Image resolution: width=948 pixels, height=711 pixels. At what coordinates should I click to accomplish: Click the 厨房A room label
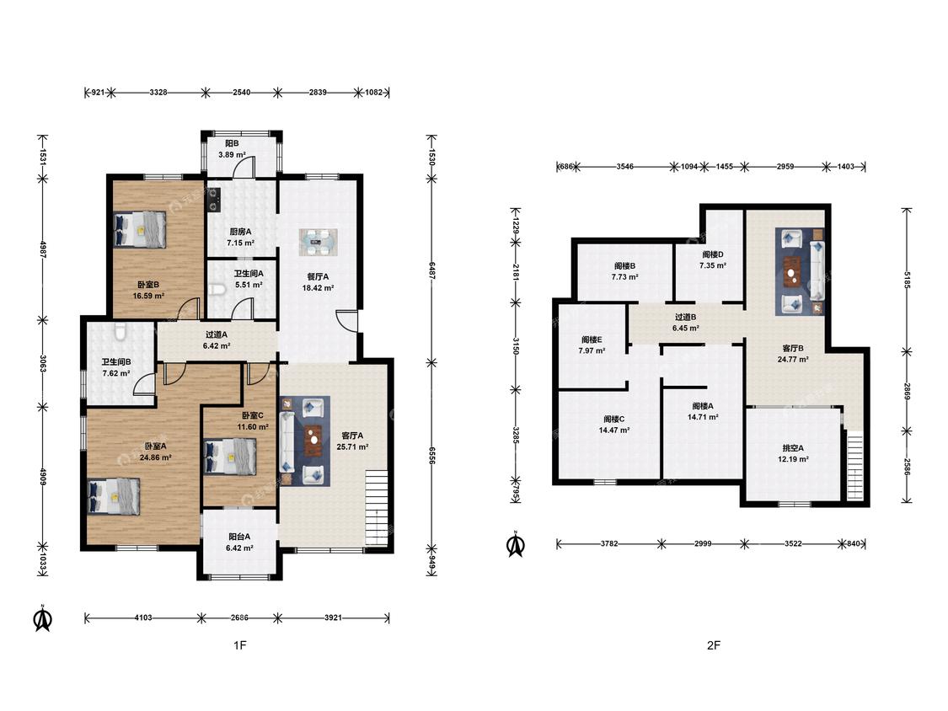(x=240, y=232)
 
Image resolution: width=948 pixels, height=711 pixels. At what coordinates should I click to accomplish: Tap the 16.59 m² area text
(x=148, y=296)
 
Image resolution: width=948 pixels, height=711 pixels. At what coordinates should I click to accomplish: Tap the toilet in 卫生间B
(x=120, y=330)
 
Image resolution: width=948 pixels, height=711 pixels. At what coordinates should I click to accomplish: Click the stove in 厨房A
(x=213, y=200)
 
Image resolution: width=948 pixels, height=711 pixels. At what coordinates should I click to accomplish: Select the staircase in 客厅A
(x=376, y=509)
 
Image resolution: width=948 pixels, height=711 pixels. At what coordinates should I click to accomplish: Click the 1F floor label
(x=240, y=645)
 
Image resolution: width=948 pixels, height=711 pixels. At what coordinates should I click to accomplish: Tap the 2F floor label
(x=714, y=645)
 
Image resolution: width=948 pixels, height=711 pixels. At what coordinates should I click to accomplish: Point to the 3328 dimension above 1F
(x=158, y=93)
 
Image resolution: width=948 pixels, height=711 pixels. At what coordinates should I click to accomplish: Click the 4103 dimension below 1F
(x=143, y=617)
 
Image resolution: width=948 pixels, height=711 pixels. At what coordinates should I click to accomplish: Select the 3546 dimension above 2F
(x=624, y=166)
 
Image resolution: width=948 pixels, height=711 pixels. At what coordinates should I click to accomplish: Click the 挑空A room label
(x=793, y=448)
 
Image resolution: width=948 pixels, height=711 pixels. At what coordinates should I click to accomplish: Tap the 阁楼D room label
(x=713, y=254)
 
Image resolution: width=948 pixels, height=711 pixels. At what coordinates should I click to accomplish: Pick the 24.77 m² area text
(x=793, y=359)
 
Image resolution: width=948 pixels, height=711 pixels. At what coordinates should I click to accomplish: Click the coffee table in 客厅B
(x=791, y=271)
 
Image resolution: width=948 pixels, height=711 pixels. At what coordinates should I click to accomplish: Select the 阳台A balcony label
(x=239, y=537)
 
